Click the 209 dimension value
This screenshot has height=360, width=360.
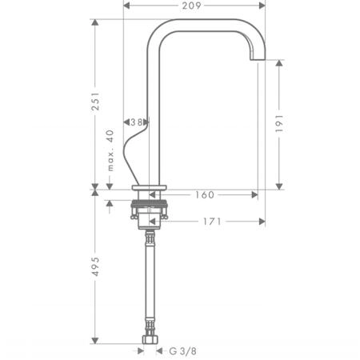pos(191,6)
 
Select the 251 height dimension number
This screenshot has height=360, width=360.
pos(95,102)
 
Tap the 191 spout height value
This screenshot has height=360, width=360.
pos(279,124)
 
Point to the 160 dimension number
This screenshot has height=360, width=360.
pos(205,195)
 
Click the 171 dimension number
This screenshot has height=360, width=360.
pos(212,222)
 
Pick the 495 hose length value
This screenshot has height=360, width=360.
pos(95,266)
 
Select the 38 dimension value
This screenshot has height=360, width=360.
pos(136,122)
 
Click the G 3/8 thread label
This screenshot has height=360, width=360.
pos(183,351)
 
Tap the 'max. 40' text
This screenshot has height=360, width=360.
pos(110,150)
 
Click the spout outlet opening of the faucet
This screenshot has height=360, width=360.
pos(258,60)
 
